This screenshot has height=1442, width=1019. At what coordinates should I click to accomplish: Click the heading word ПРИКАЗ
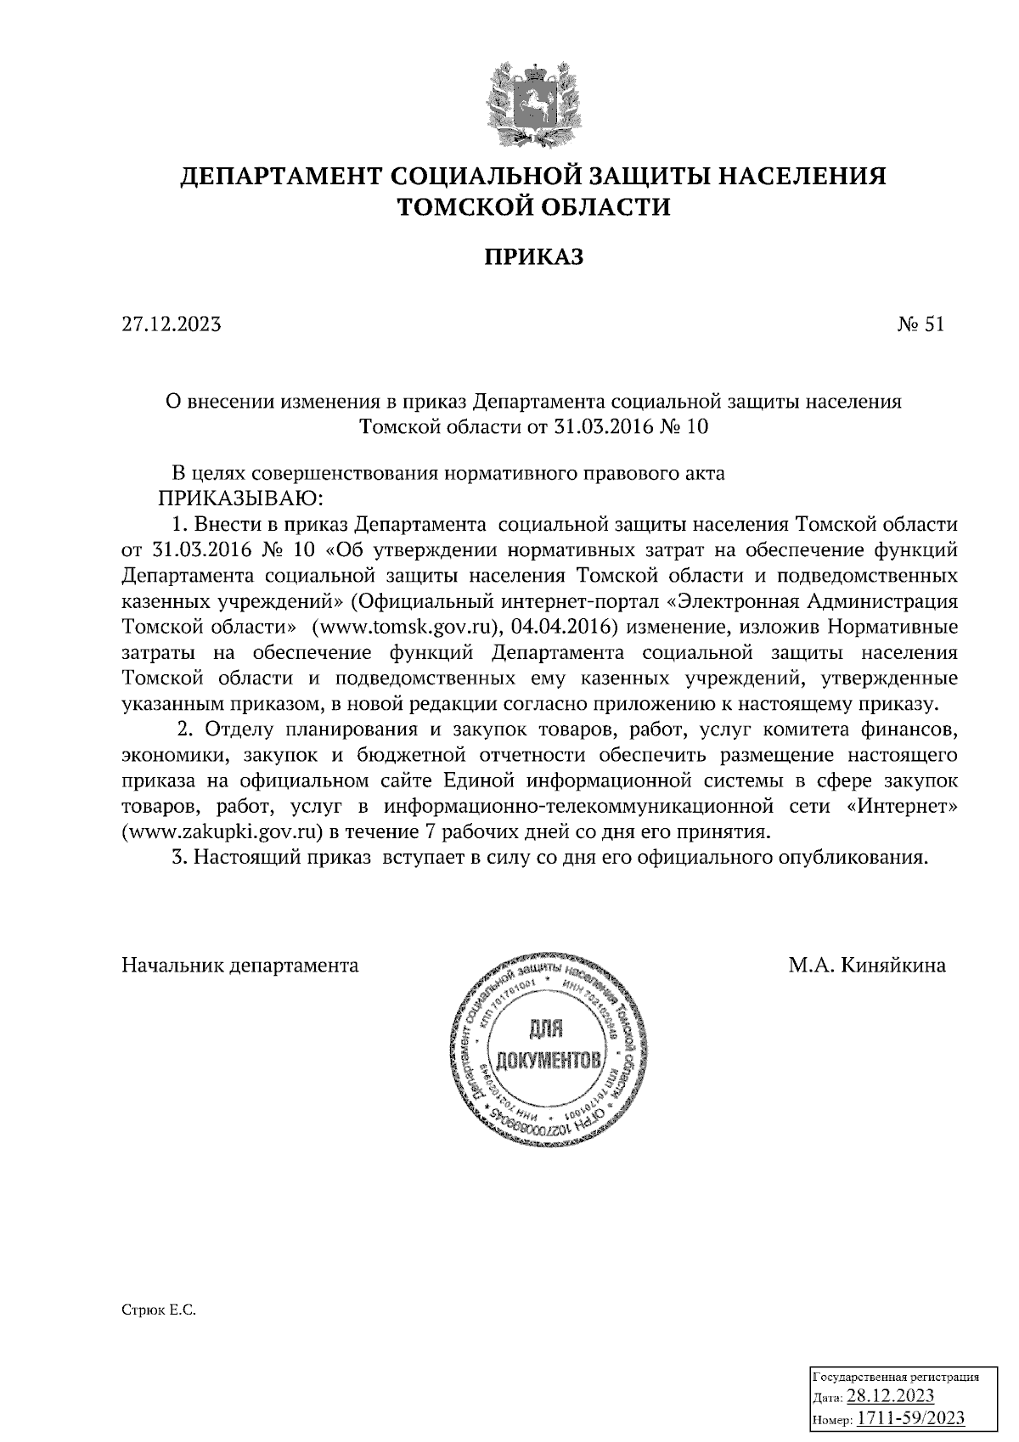point(534,257)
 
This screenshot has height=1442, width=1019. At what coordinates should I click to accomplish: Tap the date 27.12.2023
point(172,324)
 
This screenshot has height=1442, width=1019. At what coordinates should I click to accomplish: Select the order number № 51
point(920,324)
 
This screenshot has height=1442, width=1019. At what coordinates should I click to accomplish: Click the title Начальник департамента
point(240,966)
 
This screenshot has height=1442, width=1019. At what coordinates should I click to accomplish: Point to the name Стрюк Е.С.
point(159,1311)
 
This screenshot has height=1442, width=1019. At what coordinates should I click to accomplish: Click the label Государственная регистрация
point(897,1377)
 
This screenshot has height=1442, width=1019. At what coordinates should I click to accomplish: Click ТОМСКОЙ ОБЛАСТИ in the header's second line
point(534,206)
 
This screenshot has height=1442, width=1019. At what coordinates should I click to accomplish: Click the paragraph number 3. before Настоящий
point(178,857)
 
